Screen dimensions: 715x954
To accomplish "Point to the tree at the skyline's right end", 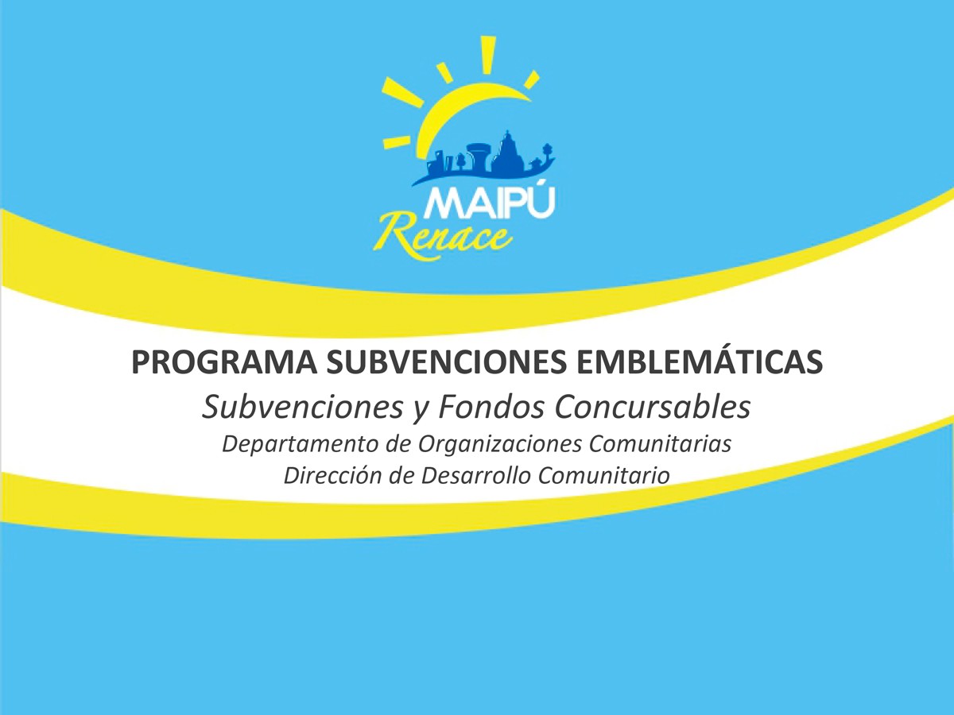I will coord(547,152).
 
